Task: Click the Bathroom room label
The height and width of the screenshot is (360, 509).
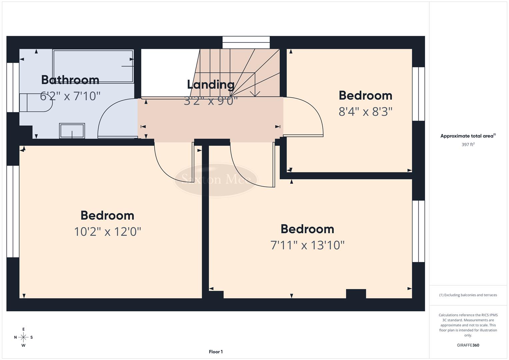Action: tap(70, 80)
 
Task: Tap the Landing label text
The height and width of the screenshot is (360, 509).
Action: tap(210, 85)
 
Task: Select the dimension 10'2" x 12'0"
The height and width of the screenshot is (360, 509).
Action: tap(107, 231)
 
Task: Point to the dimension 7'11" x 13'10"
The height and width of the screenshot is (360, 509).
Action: tap(307, 245)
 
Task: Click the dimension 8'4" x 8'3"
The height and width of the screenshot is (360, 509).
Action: tap(365, 112)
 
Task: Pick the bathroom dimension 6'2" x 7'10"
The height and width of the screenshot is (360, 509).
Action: tap(70, 96)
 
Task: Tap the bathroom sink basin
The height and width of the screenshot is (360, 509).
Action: tap(72, 130)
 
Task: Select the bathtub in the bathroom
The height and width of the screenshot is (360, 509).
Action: tap(93, 66)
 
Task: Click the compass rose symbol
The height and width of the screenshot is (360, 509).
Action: tap(23, 337)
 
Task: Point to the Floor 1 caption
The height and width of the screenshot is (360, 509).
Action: tap(216, 352)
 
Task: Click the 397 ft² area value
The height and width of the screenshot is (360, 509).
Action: tap(468, 145)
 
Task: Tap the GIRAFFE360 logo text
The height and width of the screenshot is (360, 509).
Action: tap(468, 345)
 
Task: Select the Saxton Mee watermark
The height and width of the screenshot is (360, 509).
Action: tap(216, 180)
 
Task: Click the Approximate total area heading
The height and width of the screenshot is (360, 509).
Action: tap(468, 136)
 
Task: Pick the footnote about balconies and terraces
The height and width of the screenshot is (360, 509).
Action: tap(468, 295)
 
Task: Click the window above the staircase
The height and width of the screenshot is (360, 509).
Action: tap(246, 43)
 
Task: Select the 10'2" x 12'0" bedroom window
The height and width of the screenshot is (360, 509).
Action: tap(13, 211)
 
